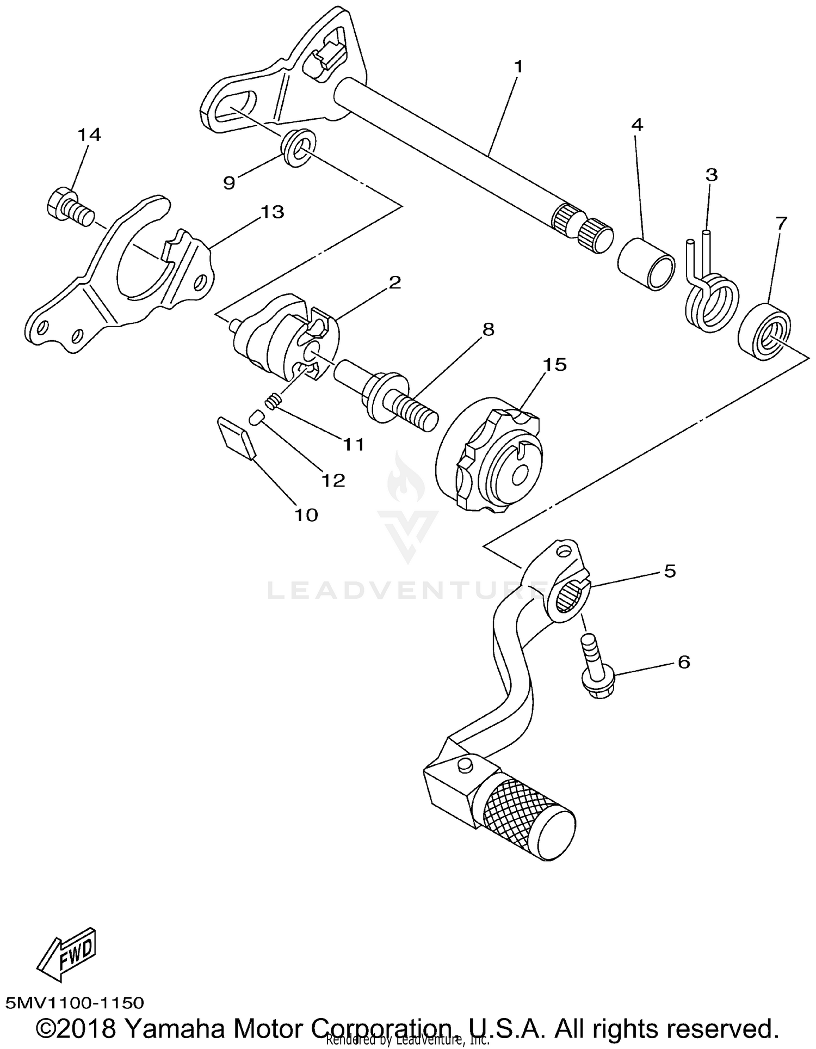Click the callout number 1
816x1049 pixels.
518,68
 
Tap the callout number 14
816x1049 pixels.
89,134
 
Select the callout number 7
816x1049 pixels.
781,223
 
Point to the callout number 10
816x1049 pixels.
306,514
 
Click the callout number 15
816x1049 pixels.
555,364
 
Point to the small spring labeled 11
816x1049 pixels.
273,403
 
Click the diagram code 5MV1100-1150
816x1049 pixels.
75,1003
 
